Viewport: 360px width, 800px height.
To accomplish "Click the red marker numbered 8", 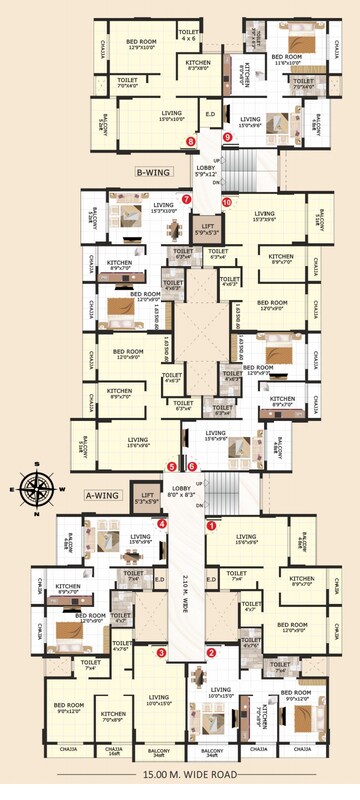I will tap(190, 141).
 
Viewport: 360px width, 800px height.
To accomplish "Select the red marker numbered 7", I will tap(187, 199).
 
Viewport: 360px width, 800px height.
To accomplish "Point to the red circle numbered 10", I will tap(227, 202).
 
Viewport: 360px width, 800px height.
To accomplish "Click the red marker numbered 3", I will tap(161, 653).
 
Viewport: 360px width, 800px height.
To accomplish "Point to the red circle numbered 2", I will tap(211, 653).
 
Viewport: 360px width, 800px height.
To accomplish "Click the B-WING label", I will tap(153, 172).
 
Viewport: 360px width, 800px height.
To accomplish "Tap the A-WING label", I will tap(103, 495).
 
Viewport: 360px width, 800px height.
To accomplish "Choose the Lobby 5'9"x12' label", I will tap(206, 171).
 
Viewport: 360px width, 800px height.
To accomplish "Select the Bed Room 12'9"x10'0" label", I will tap(144, 46).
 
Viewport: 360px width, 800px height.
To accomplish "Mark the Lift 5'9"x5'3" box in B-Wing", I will tap(206, 231).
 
